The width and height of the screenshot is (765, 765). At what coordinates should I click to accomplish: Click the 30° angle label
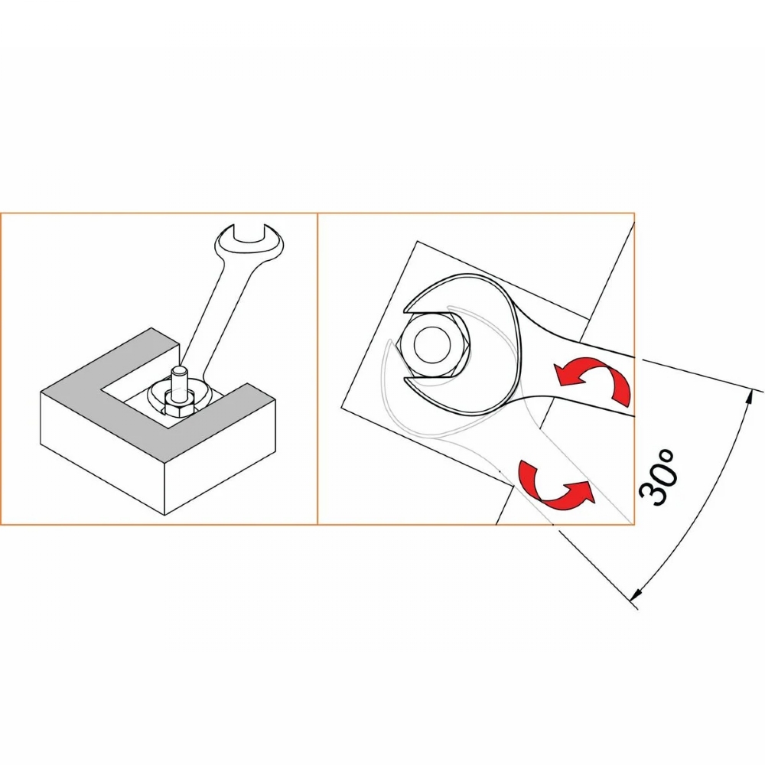pyautogui.click(x=657, y=477)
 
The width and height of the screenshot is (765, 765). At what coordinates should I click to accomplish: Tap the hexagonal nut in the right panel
pyautogui.click(x=434, y=344)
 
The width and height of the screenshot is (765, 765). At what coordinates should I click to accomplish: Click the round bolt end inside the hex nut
pyautogui.click(x=431, y=344)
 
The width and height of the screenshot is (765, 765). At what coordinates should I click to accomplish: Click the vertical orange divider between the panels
pyautogui.click(x=317, y=369)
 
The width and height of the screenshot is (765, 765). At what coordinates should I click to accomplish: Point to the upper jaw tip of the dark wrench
pyautogui.click(x=405, y=311)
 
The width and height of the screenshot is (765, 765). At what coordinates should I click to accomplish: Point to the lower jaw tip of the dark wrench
pyautogui.click(x=405, y=378)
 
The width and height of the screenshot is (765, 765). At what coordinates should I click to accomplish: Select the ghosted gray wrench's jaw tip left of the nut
pyautogui.click(x=389, y=341)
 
